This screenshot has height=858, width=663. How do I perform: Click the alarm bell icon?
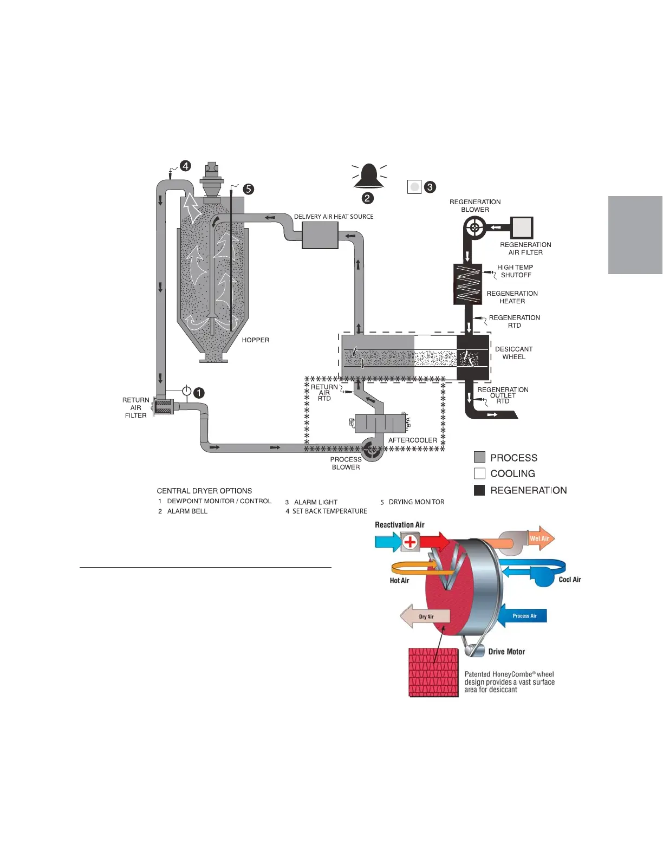pyautogui.click(x=368, y=176)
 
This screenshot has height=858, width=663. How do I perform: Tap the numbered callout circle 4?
pyautogui.click(x=185, y=166)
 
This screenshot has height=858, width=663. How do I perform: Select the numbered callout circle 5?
pyautogui.click(x=248, y=189)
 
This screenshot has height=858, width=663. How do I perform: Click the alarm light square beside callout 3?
pyautogui.click(x=414, y=187)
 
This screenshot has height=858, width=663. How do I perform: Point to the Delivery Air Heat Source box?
pyautogui.click(x=320, y=235)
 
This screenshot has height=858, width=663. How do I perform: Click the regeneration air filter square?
pyautogui.click(x=522, y=227)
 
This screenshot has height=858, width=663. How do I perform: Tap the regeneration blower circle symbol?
pyautogui.click(x=474, y=227)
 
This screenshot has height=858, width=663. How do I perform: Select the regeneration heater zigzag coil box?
pyautogui.click(x=467, y=284)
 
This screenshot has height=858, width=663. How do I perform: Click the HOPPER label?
pyautogui.click(x=256, y=340)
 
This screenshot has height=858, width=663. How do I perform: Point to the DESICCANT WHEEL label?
pyautogui.click(x=513, y=353)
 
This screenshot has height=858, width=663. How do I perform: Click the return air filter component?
pyautogui.click(x=163, y=407)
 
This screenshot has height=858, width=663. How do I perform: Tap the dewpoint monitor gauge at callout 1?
pyautogui.click(x=186, y=391)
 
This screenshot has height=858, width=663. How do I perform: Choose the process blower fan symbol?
pyautogui.click(x=372, y=450)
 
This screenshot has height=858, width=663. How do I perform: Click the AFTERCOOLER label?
pyautogui.click(x=412, y=440)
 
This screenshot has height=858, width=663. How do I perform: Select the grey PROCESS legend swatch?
pyautogui.click(x=479, y=457)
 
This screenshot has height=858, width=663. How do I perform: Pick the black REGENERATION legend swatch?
pyautogui.click(x=479, y=490)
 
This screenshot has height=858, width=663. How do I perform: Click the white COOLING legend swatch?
pyautogui.click(x=479, y=473)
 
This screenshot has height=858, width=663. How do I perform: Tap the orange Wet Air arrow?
pyautogui.click(x=540, y=538)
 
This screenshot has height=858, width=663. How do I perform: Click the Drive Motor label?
pyautogui.click(x=506, y=652)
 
